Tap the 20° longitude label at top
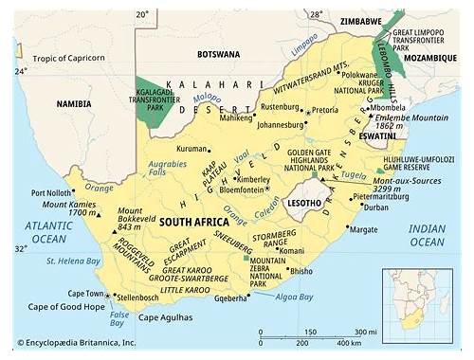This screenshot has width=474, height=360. (142, 14)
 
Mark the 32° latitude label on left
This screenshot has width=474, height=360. (21, 248)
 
